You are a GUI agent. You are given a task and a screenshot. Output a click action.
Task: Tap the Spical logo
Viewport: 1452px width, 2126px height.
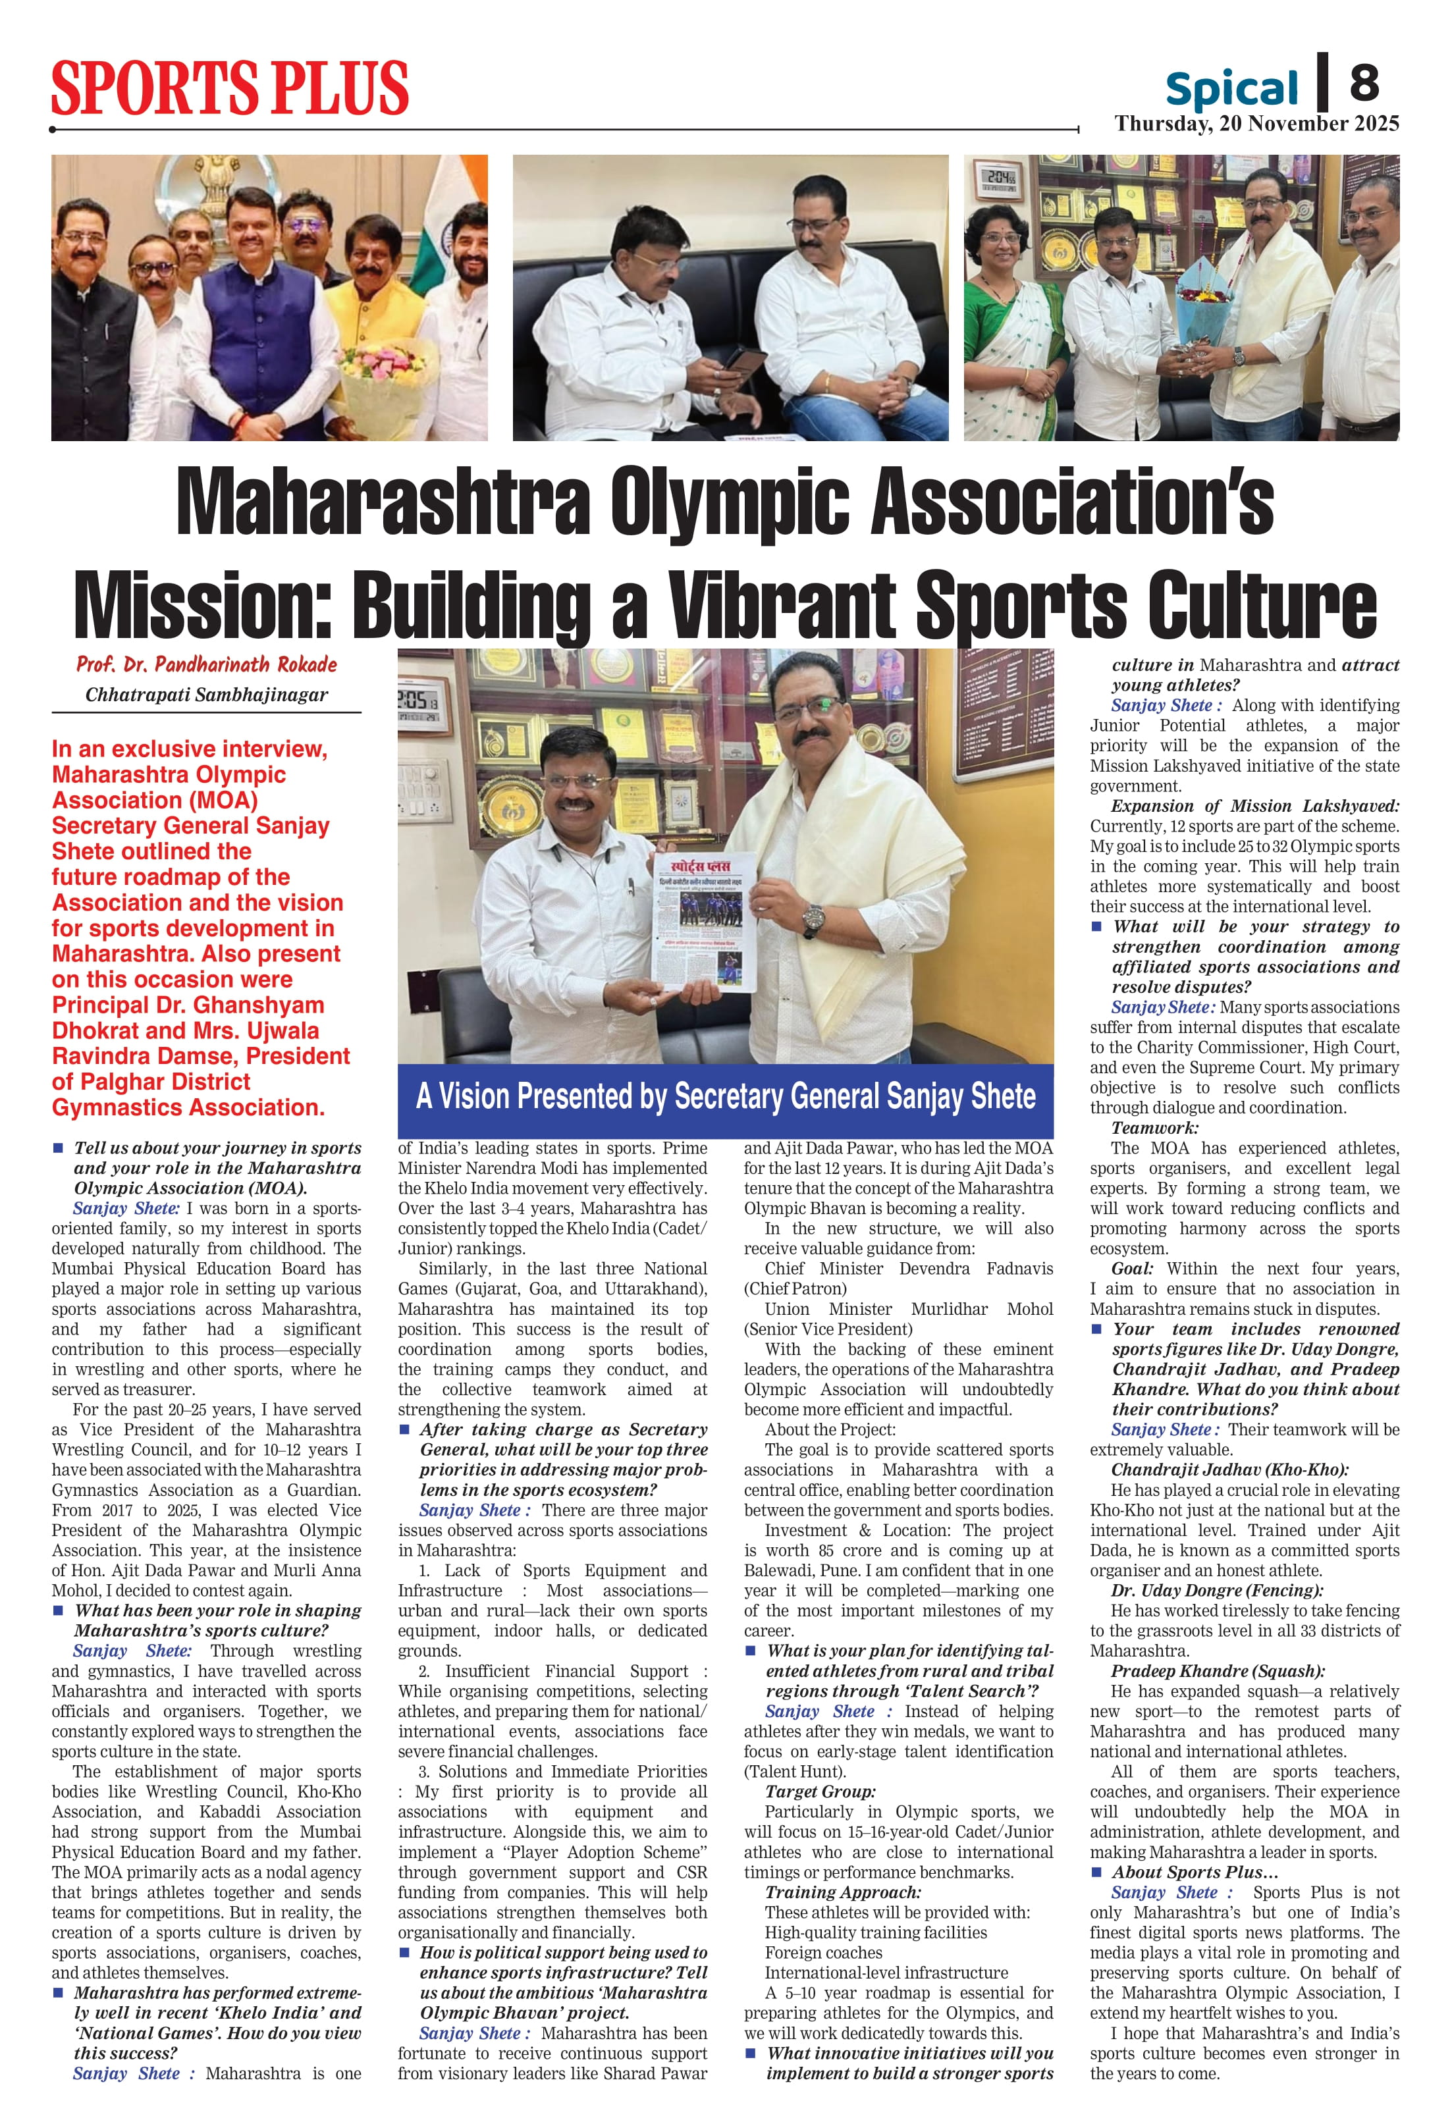pyautogui.click(x=1231, y=89)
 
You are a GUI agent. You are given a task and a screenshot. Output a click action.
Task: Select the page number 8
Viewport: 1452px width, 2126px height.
pyautogui.click(x=1363, y=82)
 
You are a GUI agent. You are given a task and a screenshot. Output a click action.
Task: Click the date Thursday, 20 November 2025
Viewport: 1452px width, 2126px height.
pyautogui.click(x=1256, y=124)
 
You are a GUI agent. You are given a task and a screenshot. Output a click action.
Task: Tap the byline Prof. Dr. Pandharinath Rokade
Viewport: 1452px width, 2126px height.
pyautogui.click(x=207, y=664)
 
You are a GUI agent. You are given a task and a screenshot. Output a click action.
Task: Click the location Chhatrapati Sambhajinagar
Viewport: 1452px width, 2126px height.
pyautogui.click(x=207, y=695)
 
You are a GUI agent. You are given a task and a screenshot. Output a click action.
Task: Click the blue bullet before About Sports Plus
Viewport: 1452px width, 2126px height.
pyautogui.click(x=1096, y=1872)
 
